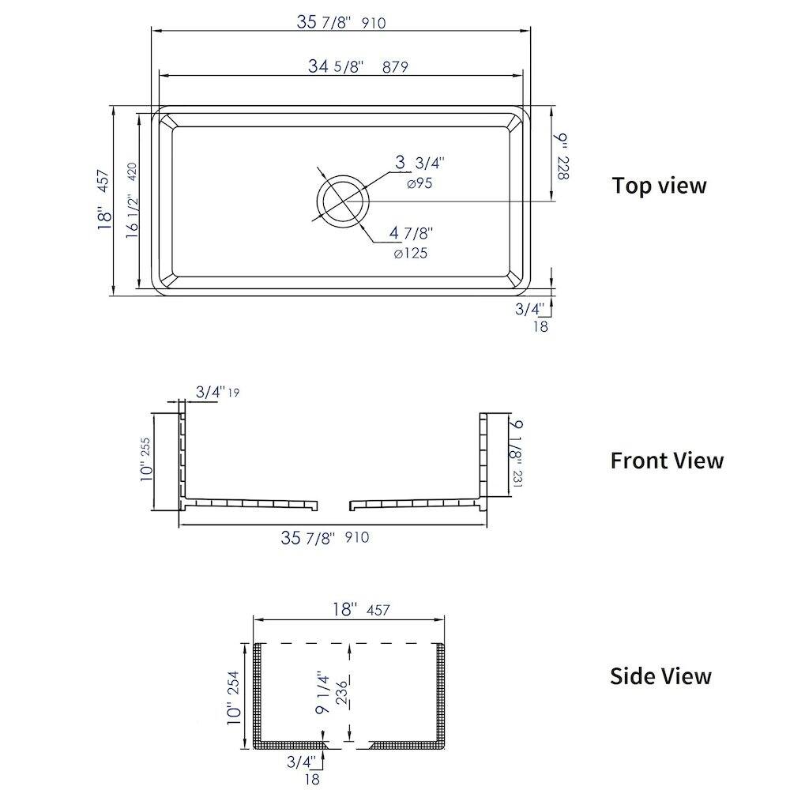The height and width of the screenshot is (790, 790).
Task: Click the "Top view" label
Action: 659,186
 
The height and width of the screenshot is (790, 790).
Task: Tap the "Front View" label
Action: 667,461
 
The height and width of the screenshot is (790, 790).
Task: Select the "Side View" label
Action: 660,676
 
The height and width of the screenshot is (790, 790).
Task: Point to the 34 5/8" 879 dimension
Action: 358,66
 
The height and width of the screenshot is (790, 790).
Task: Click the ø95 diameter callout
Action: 419,183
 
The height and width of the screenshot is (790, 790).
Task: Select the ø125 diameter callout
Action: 411,253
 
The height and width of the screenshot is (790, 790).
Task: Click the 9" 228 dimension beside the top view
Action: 561,156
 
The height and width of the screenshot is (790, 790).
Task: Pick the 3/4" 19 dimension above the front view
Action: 217,392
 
